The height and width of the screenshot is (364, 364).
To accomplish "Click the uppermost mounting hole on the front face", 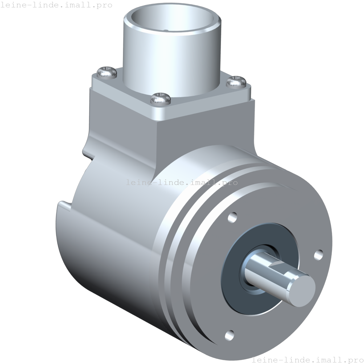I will tap(233, 217).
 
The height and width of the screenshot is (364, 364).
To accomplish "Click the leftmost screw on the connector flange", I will tap(107, 73).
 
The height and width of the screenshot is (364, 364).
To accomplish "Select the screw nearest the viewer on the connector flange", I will tap(160, 98).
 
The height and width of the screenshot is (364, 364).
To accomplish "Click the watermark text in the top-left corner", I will tap(56, 5).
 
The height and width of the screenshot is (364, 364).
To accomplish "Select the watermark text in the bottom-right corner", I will tap(308, 360).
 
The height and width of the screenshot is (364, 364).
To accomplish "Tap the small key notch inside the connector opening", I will tap(166, 30).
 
